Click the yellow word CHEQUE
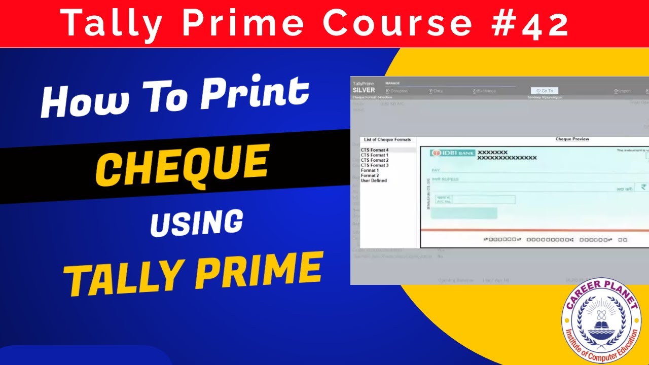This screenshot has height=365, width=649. point(182,164)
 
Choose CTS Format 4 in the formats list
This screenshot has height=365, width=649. point(375,150)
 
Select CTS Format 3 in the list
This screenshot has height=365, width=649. point(375,165)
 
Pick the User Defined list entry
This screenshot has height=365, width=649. point(374,180)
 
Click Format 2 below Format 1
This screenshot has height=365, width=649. point(370,175)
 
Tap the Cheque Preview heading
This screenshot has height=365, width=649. point(572,139)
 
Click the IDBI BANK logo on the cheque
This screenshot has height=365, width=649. point(450,153)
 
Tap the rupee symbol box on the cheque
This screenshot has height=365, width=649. point(643,187)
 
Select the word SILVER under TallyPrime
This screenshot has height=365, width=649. point(364,90)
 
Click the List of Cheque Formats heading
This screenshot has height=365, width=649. point(387,139)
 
